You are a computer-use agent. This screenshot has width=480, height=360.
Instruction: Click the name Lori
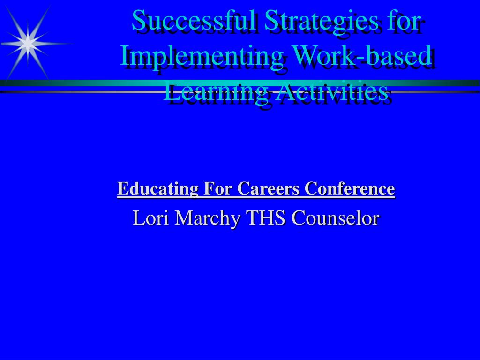(x=147, y=218)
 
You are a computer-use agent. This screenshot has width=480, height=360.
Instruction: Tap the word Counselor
(x=335, y=218)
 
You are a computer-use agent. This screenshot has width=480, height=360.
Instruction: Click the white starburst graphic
(x=28, y=42)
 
